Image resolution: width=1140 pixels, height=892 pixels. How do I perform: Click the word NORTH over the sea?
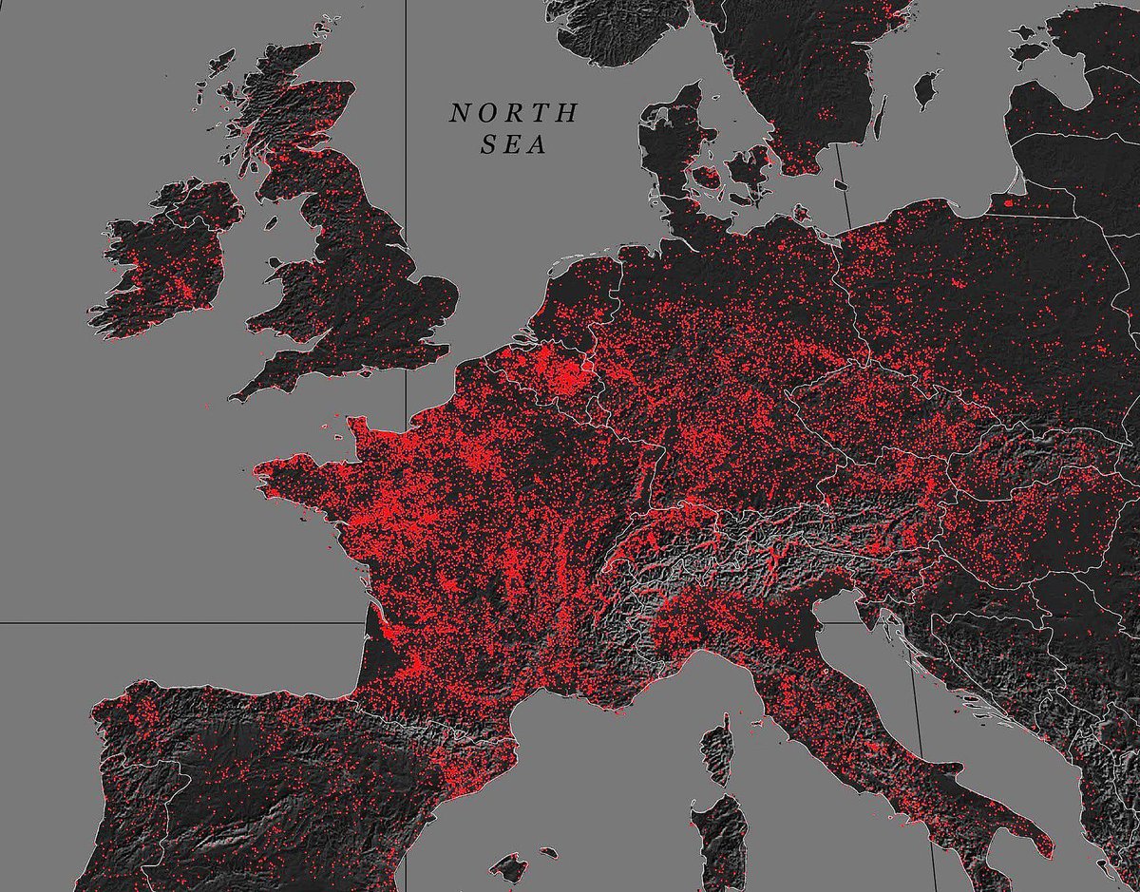513,113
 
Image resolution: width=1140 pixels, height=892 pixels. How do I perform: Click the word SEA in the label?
513,146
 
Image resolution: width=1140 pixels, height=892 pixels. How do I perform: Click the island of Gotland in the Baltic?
925,89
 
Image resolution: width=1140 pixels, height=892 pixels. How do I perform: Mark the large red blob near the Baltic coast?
1008,201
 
